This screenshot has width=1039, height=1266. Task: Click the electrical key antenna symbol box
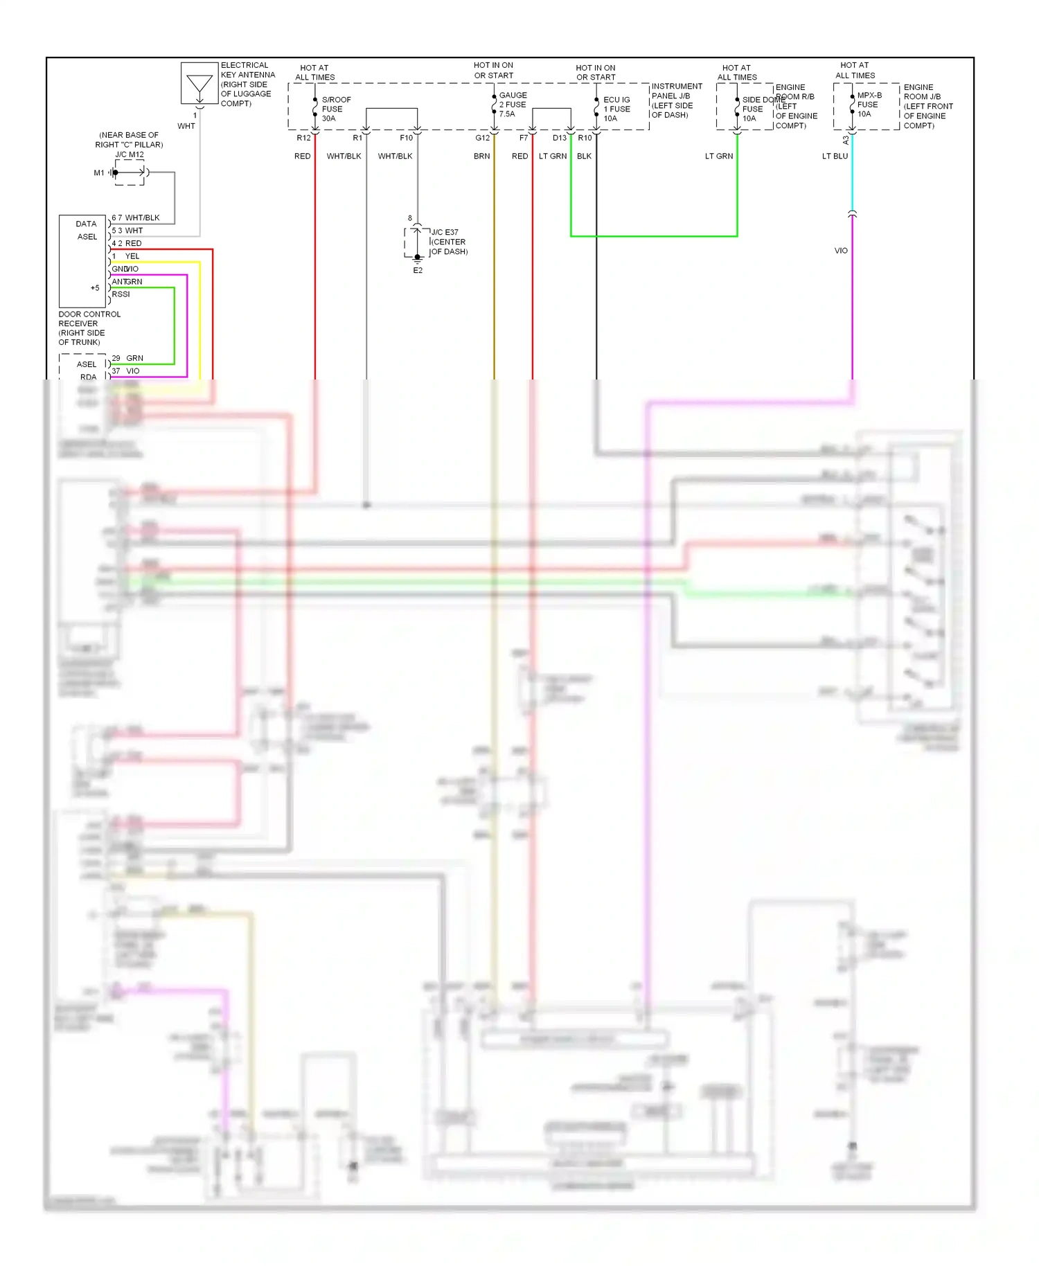coord(199,83)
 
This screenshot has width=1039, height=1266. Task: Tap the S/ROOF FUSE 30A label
coord(336,109)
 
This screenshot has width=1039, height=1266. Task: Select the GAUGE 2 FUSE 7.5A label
coord(513,105)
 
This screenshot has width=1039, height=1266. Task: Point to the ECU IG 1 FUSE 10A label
coord(616,109)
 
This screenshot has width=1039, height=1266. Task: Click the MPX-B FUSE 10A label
coord(869,105)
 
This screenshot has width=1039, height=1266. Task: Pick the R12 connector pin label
coord(303,138)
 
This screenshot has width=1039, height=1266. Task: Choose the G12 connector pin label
coord(482,138)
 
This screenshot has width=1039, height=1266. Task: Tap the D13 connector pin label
coord(559,138)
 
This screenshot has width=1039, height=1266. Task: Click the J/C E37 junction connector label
coord(445,232)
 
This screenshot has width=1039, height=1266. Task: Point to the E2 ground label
coord(418,271)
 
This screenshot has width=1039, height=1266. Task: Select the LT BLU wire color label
coord(835,157)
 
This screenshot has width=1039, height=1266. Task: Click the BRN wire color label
coord(481,157)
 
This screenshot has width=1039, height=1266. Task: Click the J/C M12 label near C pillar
coord(130,154)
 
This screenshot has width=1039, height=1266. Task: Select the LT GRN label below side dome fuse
coord(718,157)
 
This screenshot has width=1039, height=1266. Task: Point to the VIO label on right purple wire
coord(841,251)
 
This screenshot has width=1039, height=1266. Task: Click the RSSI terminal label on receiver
coord(121,294)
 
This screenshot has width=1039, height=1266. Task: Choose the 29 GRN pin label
coord(128,358)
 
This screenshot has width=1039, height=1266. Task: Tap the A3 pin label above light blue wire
coord(846,139)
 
